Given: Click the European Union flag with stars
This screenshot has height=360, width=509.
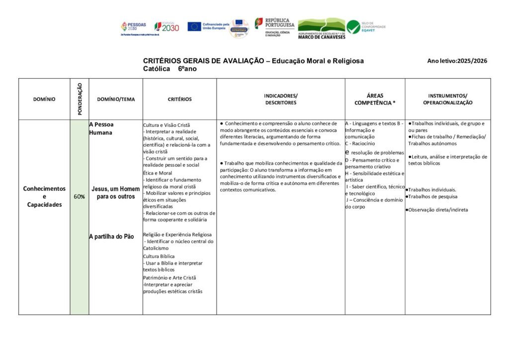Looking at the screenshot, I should (x=194, y=26).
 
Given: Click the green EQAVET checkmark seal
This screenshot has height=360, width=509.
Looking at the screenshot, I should (x=353, y=27).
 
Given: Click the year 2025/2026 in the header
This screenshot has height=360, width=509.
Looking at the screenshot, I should (x=472, y=61).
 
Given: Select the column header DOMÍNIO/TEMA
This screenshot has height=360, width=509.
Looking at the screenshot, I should (x=116, y=99).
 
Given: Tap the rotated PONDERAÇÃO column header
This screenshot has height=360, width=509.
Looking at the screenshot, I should (x=80, y=99).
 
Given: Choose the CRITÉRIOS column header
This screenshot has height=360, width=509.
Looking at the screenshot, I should (x=179, y=99).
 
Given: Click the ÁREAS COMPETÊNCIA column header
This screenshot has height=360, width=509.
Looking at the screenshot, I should (x=375, y=99).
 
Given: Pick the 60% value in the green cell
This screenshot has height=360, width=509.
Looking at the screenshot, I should (x=79, y=196).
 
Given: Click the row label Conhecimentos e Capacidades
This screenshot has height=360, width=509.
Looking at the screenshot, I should (x=44, y=196).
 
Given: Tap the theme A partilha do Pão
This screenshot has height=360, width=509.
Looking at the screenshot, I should (x=111, y=237).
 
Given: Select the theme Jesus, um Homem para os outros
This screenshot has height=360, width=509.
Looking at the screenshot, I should (x=116, y=192).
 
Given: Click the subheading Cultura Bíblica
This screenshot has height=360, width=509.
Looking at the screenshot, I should (x=159, y=256).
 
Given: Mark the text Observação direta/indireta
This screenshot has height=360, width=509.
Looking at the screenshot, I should (x=437, y=210).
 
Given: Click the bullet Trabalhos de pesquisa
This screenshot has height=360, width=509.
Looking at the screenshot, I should (x=431, y=196).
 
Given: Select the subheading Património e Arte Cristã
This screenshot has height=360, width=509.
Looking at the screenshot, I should (x=170, y=277).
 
